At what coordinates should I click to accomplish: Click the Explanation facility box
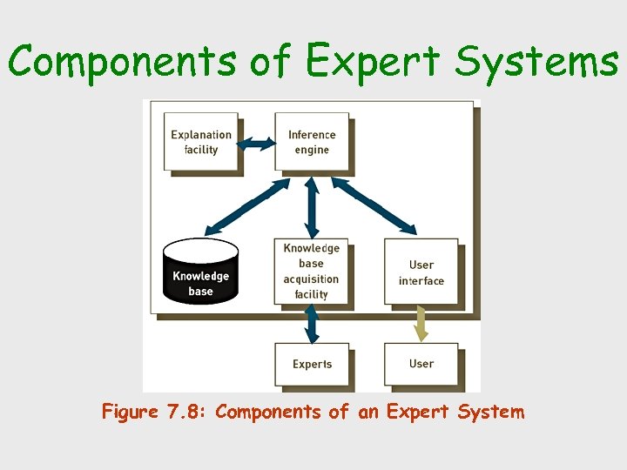pyautogui.click(x=201, y=142)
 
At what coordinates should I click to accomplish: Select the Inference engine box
pyautogui.click(x=312, y=142)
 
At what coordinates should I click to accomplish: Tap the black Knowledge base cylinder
pyautogui.click(x=200, y=272)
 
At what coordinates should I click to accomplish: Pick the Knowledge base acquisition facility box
pyautogui.click(x=311, y=271)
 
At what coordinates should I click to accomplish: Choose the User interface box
pyautogui.click(x=421, y=272)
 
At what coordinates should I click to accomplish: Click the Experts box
pyautogui.click(x=312, y=364)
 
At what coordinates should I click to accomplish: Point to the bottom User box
pyautogui.click(x=421, y=364)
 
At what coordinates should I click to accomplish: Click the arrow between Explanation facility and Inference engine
pyautogui.click(x=257, y=143)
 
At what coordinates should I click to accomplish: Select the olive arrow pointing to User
pyautogui.click(x=421, y=324)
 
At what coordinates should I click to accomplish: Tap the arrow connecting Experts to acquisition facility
pyautogui.click(x=312, y=324)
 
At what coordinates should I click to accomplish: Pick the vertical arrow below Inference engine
pyautogui.click(x=312, y=205)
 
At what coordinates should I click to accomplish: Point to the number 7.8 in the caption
pyautogui.click(x=185, y=412)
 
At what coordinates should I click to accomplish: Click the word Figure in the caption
pyautogui.click(x=130, y=412)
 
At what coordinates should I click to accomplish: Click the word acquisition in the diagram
pyautogui.click(x=311, y=279)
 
